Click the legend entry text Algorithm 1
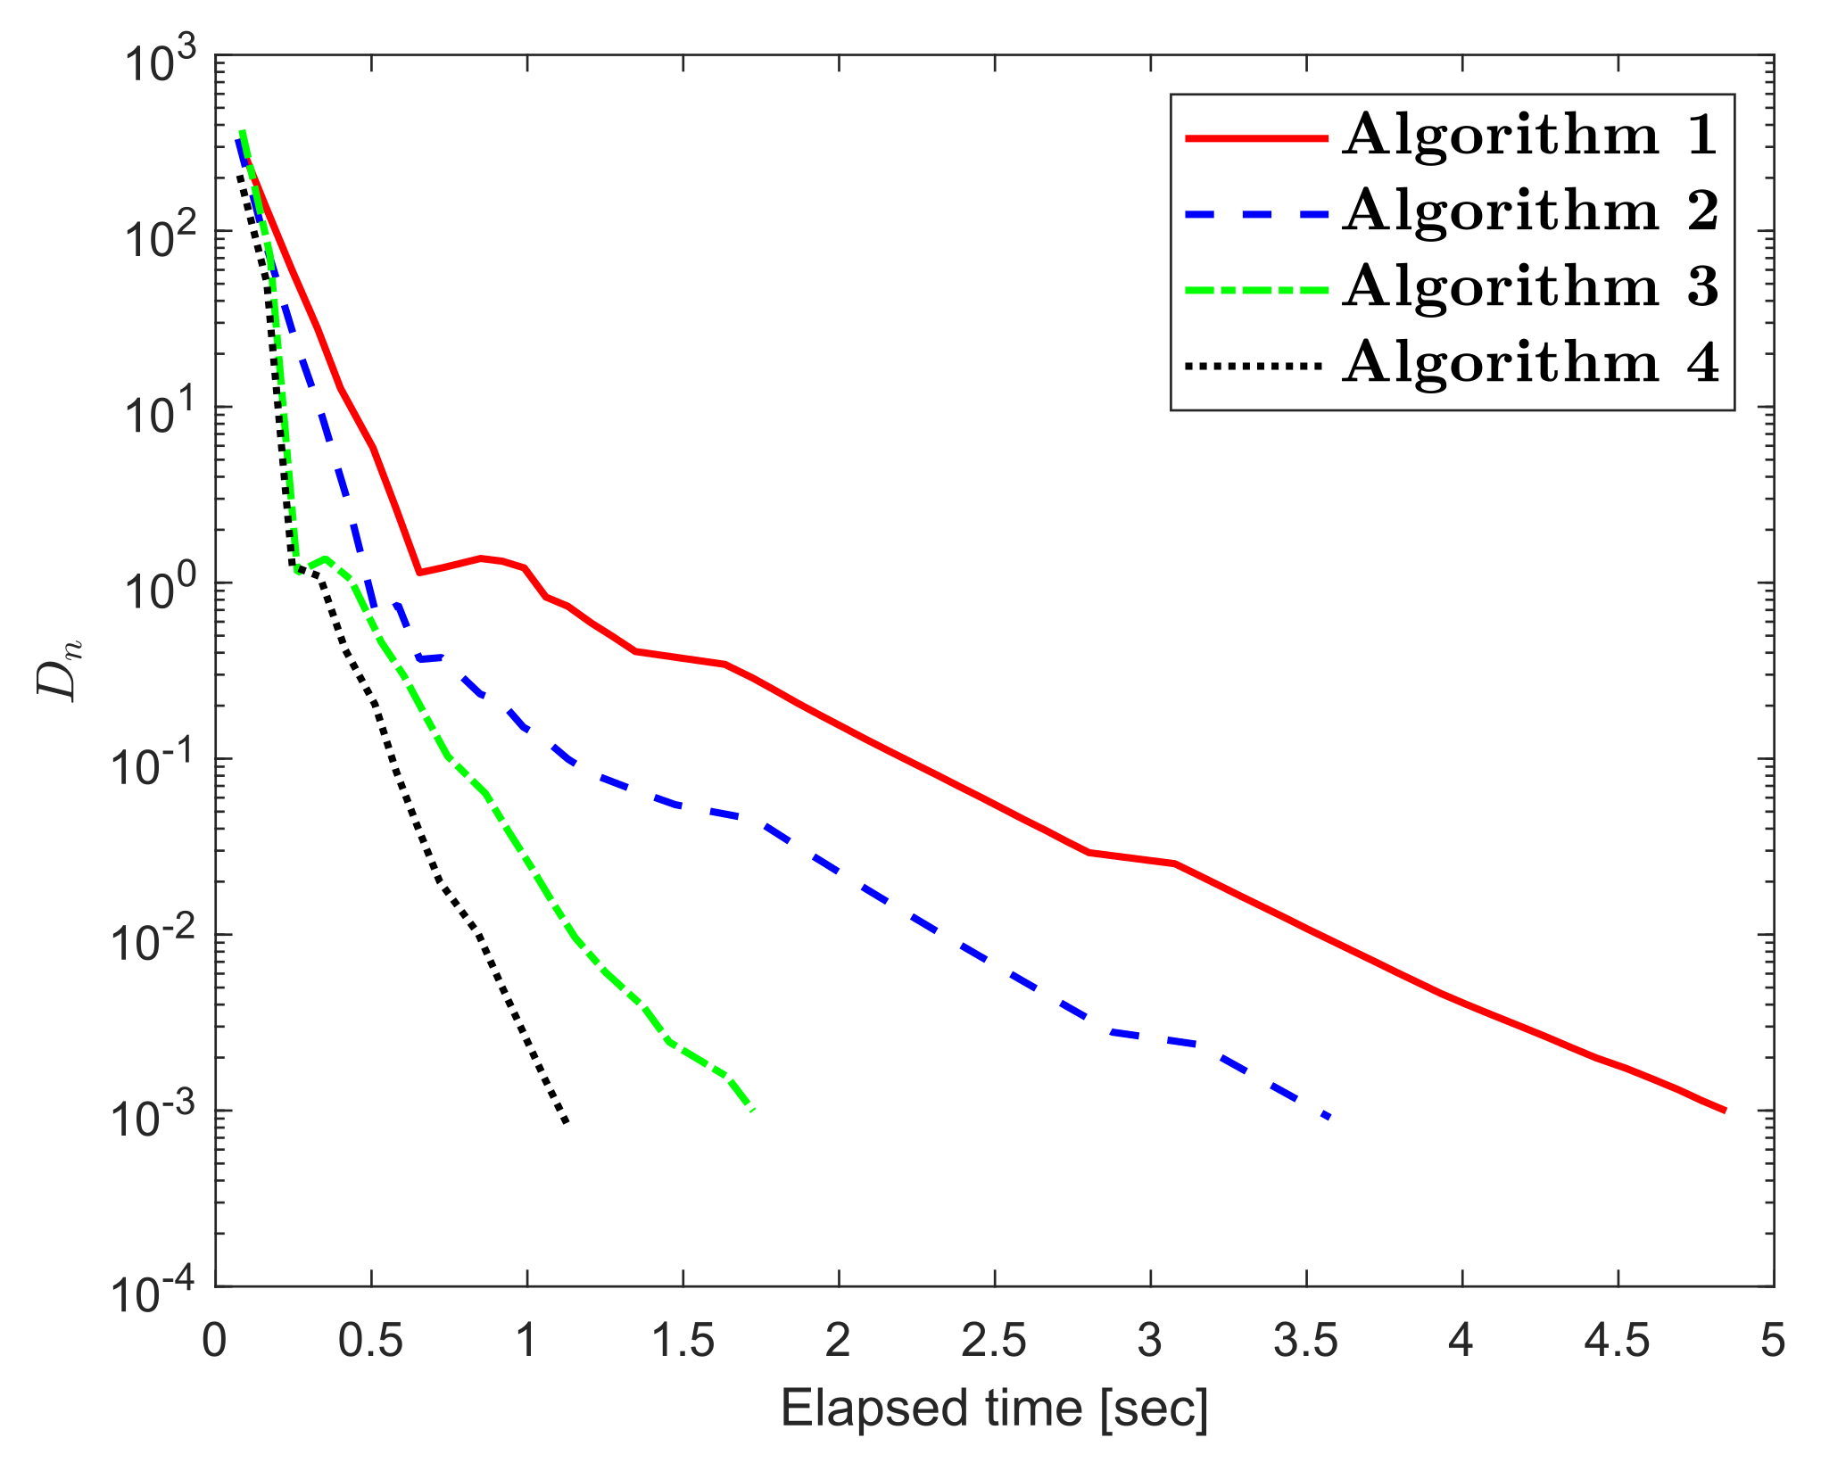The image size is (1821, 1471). [x=1529, y=136]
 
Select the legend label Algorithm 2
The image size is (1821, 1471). [x=1529, y=211]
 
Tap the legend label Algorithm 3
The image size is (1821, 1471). [x=1529, y=287]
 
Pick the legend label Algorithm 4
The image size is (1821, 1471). [x=1529, y=363]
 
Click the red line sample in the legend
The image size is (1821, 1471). [x=1256, y=137]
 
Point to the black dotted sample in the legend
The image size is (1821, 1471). [x=1256, y=365]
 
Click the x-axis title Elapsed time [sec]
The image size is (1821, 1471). [x=994, y=1409]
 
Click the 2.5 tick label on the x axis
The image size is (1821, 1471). [x=994, y=1341]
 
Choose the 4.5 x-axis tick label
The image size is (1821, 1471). [x=1617, y=1341]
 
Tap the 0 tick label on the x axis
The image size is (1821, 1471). [x=214, y=1341]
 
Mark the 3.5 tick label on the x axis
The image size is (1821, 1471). [x=1305, y=1341]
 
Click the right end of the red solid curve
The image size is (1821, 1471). [x=1726, y=1111]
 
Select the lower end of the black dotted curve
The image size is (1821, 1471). [x=566, y=1121]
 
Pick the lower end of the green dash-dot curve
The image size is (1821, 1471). [x=754, y=1110]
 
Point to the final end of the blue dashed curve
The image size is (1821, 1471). [x=1329, y=1116]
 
